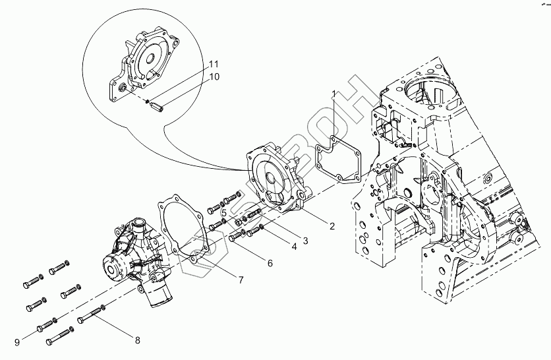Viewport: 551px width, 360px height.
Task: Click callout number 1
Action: [x=334, y=94]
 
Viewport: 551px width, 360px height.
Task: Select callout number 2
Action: [x=332, y=226]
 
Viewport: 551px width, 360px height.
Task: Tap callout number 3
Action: [x=305, y=241]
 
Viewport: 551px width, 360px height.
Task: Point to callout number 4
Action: [x=294, y=247]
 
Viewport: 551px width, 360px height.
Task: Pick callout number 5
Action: [x=224, y=213]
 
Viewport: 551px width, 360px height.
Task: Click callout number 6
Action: [x=270, y=263]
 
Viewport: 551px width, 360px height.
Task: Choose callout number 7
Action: [x=241, y=280]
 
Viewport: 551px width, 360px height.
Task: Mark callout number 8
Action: [x=137, y=340]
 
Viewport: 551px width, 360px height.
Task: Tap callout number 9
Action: [x=17, y=342]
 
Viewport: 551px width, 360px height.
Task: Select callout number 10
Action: [x=214, y=76]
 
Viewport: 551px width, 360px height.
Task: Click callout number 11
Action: [x=214, y=64]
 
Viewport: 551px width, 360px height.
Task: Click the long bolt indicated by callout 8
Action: [x=92, y=314]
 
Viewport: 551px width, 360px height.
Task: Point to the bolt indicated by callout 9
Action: [x=47, y=325]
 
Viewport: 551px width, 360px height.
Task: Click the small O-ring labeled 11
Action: [x=148, y=102]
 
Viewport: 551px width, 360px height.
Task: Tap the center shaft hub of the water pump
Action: [x=112, y=269]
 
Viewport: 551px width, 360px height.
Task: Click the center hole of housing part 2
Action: [x=272, y=177]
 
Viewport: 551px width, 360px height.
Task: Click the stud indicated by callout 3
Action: [x=254, y=213]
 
